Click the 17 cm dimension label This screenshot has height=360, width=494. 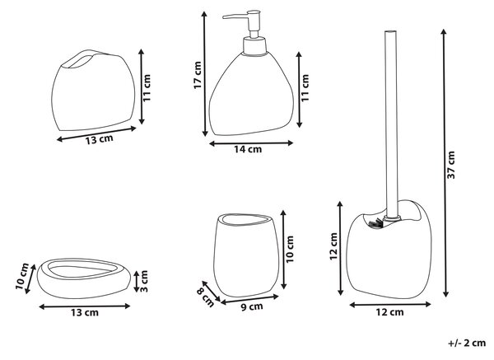(198, 75)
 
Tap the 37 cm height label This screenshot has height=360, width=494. (451, 165)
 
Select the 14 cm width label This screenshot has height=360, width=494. (248, 149)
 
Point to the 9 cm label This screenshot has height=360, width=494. (252, 306)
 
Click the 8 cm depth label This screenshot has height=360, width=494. (205, 297)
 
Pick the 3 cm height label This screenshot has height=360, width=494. (143, 281)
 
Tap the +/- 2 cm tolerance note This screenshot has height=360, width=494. (467, 343)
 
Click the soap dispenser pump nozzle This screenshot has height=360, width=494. (235, 16)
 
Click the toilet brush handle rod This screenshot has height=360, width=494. (391, 124)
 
